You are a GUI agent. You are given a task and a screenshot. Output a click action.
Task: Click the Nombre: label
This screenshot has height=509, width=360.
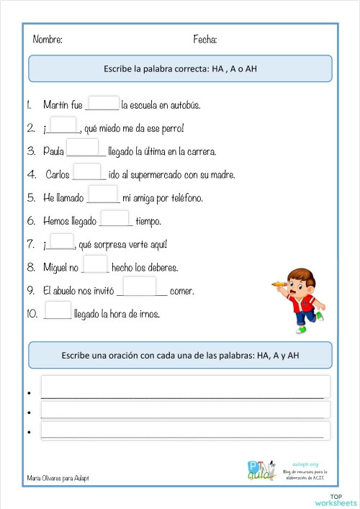tap(48, 39)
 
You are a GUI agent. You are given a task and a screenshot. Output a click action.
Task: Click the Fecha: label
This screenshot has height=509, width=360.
tap(205, 39)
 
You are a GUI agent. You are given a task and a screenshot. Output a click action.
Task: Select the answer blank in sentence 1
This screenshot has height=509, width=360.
tap(103, 104)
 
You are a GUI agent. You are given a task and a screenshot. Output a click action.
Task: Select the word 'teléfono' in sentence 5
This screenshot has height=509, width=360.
tap(184, 198)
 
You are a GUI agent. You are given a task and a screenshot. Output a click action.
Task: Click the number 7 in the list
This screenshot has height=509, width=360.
tap(31, 244)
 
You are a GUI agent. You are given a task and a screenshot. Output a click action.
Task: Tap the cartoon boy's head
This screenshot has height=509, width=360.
tap(298, 279)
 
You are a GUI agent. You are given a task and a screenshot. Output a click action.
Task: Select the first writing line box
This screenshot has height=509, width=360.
tap(185, 387)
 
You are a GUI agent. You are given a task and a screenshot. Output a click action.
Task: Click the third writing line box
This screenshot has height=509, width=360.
tap(185, 431)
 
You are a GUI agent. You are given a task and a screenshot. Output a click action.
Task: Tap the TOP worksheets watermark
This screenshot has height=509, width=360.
tap(343, 499)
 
